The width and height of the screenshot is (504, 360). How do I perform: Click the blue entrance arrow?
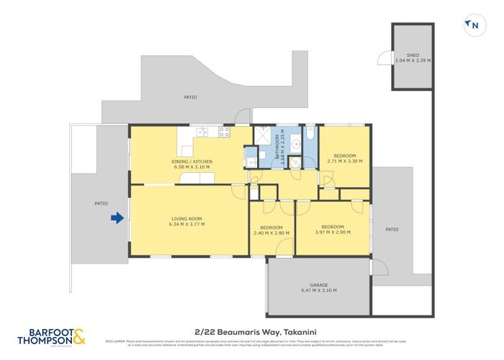coord(115,217)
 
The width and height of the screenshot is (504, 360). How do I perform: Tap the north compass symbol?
coord(472,25)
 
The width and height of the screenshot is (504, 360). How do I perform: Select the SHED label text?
coord(413,55)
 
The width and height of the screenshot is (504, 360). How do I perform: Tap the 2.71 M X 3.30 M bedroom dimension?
coord(345,161)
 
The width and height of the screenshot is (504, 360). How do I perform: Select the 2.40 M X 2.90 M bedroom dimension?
coord(271,233)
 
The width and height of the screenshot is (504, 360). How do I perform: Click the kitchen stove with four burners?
coord(224,132)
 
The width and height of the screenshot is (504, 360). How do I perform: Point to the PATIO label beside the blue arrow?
coord(101,203)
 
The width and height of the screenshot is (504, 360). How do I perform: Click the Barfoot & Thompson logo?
coord(51,335)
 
